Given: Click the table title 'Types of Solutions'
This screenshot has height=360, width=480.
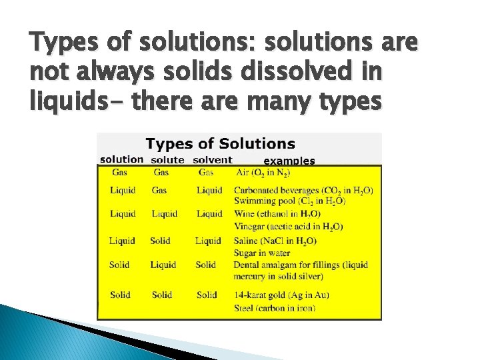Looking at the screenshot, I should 221,143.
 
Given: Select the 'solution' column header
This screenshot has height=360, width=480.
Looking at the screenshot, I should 122,159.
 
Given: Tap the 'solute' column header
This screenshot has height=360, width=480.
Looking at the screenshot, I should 168,160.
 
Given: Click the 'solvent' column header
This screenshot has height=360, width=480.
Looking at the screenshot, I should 212,160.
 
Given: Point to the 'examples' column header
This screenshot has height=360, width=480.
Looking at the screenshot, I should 289,161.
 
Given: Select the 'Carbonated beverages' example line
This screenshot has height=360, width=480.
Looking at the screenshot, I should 303,190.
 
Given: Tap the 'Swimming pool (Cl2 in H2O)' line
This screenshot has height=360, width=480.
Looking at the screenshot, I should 289,201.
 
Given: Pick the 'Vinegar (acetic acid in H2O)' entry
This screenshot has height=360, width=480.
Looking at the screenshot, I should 289,227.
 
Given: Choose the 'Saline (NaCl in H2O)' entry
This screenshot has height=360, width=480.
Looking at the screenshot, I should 285,241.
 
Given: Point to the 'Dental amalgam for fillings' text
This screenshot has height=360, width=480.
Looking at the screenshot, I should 300,265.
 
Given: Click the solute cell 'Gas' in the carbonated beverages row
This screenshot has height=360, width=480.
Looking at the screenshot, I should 159,190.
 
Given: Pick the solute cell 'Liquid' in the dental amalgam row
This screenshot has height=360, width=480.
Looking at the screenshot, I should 163,265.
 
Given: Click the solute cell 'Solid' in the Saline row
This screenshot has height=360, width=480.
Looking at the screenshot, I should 160,241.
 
